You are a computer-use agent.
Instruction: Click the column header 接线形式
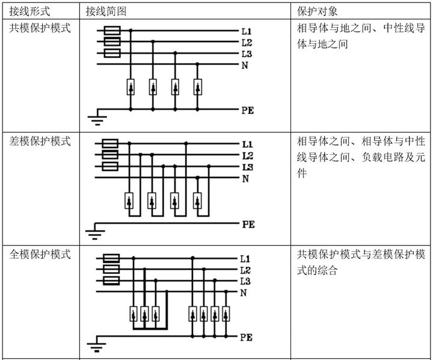pyautogui.click(x=29, y=11)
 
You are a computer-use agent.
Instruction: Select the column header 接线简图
pyautogui.click(x=106, y=11)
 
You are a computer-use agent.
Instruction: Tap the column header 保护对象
pyautogui.click(x=318, y=11)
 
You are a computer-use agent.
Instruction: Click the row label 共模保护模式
pyautogui.click(x=40, y=28)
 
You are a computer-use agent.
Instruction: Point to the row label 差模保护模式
pyautogui.click(x=40, y=141)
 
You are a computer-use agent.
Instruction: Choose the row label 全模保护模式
pyautogui.click(x=40, y=254)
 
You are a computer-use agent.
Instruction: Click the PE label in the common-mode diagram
pyautogui.click(x=247, y=110)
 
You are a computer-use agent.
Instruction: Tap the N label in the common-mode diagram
pyautogui.click(x=245, y=66)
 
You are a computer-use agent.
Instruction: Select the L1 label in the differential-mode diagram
pyautogui.click(x=247, y=144)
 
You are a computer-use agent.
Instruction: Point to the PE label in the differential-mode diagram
pyautogui.click(x=248, y=224)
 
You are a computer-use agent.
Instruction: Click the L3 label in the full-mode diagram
pyautogui.click(x=245, y=282)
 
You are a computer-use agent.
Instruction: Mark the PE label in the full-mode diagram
pyautogui.click(x=246, y=337)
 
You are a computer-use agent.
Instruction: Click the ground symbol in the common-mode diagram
pyautogui.click(x=97, y=117)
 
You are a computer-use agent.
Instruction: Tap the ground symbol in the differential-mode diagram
pyautogui.click(x=95, y=231)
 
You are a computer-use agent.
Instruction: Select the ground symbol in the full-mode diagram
pyautogui.click(x=96, y=344)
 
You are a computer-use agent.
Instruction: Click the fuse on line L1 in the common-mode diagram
pyautogui.click(x=112, y=31)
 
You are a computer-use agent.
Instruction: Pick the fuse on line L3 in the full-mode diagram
pyautogui.click(x=111, y=281)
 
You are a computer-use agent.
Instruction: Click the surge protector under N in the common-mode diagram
pyautogui.click(x=197, y=87)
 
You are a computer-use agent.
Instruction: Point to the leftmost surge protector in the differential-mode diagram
pyautogui.click(x=129, y=200)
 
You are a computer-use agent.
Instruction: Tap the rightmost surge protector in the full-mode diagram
pyautogui.click(x=226, y=314)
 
